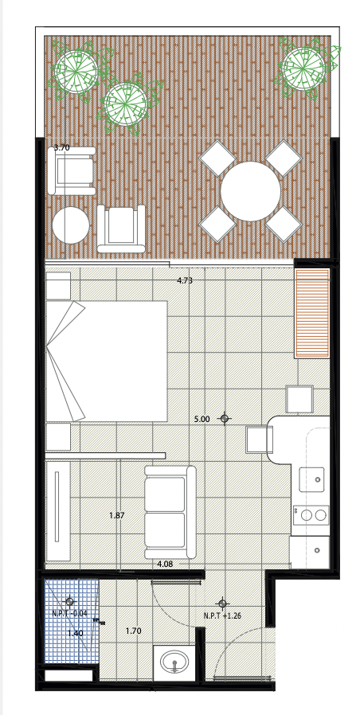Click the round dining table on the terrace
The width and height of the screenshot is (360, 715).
pyautogui.click(x=250, y=191)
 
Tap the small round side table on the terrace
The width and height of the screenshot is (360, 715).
pyautogui.click(x=70, y=225)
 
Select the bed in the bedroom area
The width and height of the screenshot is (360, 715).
pyautogui.click(x=107, y=361)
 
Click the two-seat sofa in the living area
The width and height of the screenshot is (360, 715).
pyautogui.click(x=170, y=512)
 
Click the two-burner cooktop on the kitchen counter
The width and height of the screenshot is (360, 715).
pyautogui.click(x=311, y=515)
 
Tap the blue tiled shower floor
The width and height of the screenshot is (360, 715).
pyautogui.click(x=72, y=621)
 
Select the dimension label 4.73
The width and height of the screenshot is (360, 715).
pyautogui.click(x=185, y=281)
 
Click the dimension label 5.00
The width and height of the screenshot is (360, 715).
pyautogui.click(x=202, y=419)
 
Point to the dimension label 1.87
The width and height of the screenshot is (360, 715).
pyautogui.click(x=117, y=516)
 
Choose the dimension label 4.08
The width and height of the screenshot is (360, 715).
pyautogui.click(x=165, y=564)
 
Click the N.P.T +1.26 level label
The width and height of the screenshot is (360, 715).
pyautogui.click(x=222, y=615)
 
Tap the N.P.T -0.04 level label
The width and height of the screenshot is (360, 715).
pyautogui.click(x=69, y=613)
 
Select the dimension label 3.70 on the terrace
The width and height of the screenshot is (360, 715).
pyautogui.click(x=61, y=147)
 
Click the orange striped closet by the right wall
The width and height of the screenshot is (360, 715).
pyautogui.click(x=312, y=313)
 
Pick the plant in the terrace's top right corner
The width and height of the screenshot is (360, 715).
pyautogui.click(x=304, y=68)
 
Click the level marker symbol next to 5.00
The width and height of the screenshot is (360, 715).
pyautogui.click(x=224, y=418)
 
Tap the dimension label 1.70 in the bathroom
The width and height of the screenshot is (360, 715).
pyautogui.click(x=133, y=631)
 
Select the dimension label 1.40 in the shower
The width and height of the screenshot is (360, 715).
pyautogui.click(x=75, y=633)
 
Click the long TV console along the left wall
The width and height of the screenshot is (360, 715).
pyautogui.click(x=57, y=511)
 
